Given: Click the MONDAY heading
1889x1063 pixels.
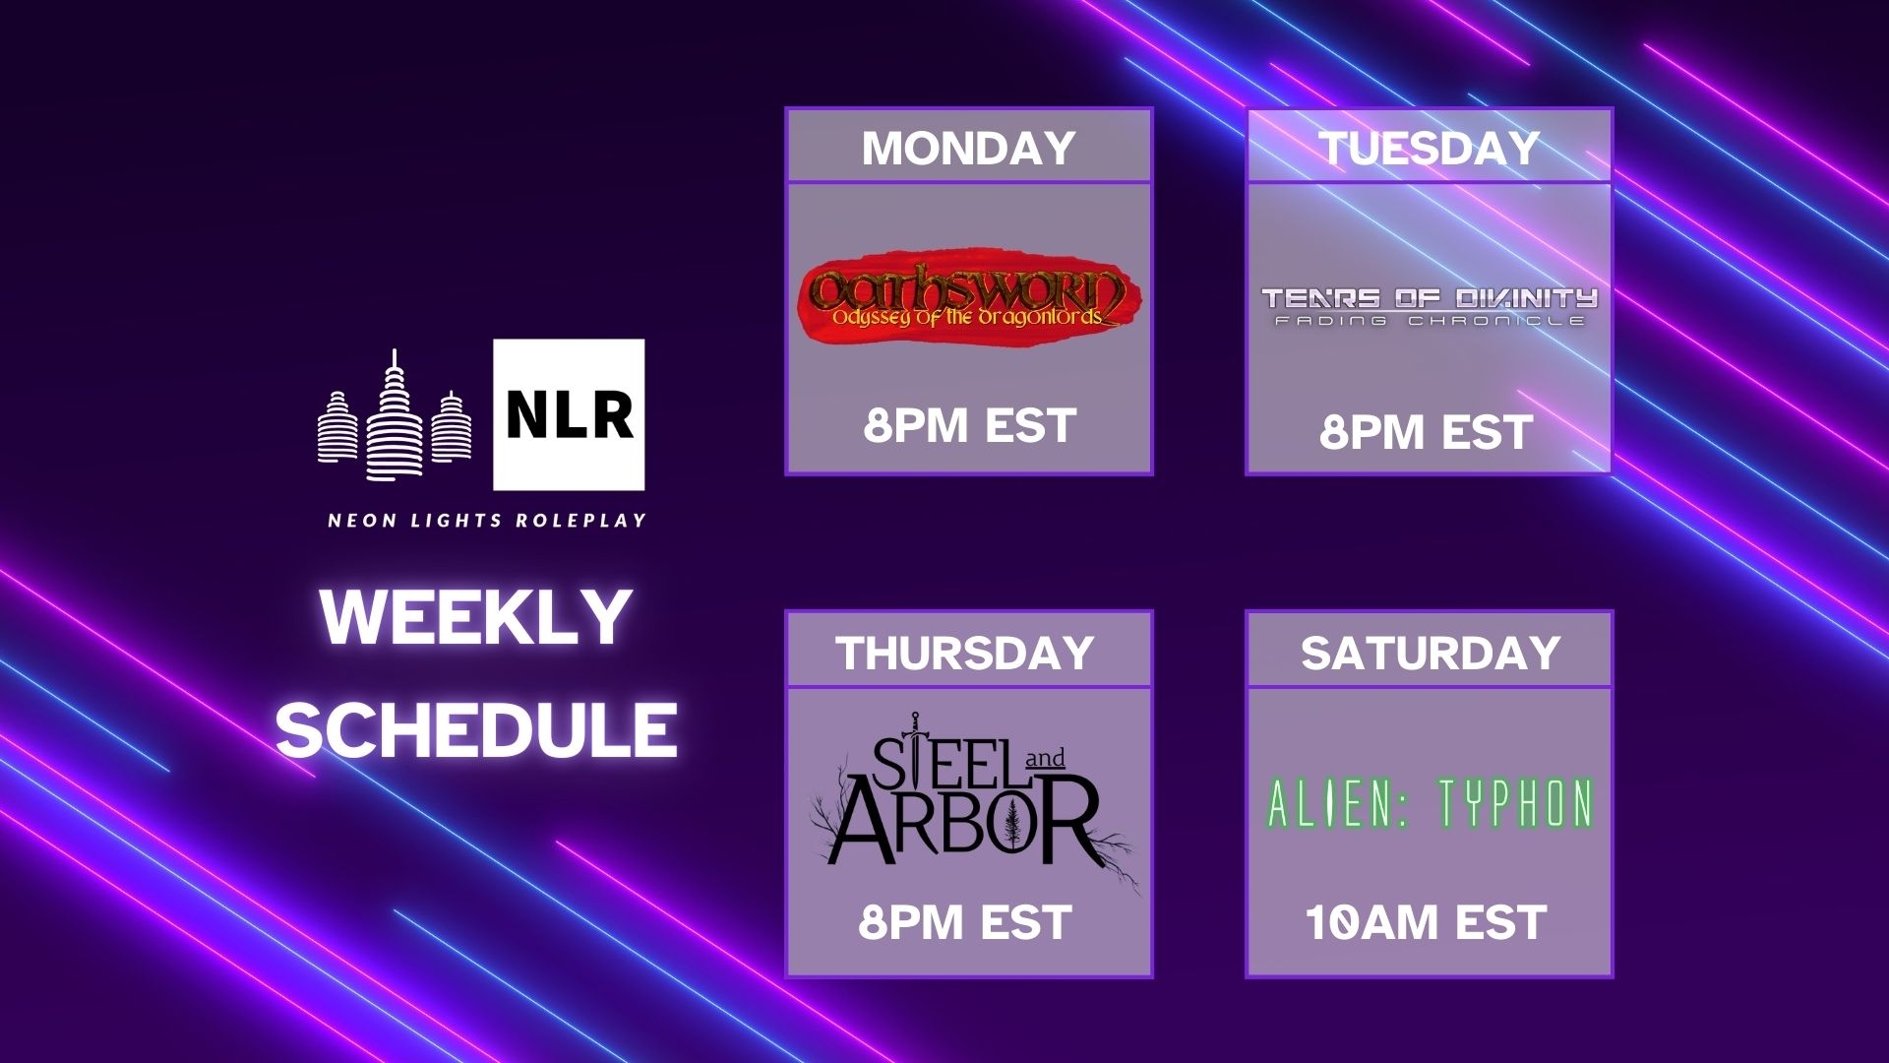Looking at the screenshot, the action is [x=968, y=149].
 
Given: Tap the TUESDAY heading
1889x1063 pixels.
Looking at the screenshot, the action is [x=1429, y=149].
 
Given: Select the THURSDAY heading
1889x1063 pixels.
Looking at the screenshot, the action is [x=965, y=653].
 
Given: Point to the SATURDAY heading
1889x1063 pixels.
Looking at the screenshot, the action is [x=1431, y=653].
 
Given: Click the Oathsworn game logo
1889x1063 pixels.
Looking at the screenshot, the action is [x=969, y=295].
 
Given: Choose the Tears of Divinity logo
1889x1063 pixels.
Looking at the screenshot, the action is [x=1429, y=306].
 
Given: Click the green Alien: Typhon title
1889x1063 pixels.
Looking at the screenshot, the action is [x=1430, y=803].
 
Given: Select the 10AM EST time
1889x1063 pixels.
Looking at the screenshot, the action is [x=1426, y=923].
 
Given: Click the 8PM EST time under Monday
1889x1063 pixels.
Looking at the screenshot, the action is [x=969, y=426].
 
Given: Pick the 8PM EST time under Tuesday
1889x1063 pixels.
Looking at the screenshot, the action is [x=1426, y=432].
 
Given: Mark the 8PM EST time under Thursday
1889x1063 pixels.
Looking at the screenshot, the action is [x=964, y=923].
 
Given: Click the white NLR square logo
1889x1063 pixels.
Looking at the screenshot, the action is [x=569, y=414].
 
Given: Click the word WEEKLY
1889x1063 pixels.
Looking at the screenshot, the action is [x=476, y=617].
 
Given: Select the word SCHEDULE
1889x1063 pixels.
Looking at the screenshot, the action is [x=476, y=729].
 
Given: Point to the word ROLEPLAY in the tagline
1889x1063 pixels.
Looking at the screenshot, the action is [x=581, y=520].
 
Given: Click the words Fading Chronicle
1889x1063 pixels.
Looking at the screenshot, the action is [x=1429, y=321].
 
